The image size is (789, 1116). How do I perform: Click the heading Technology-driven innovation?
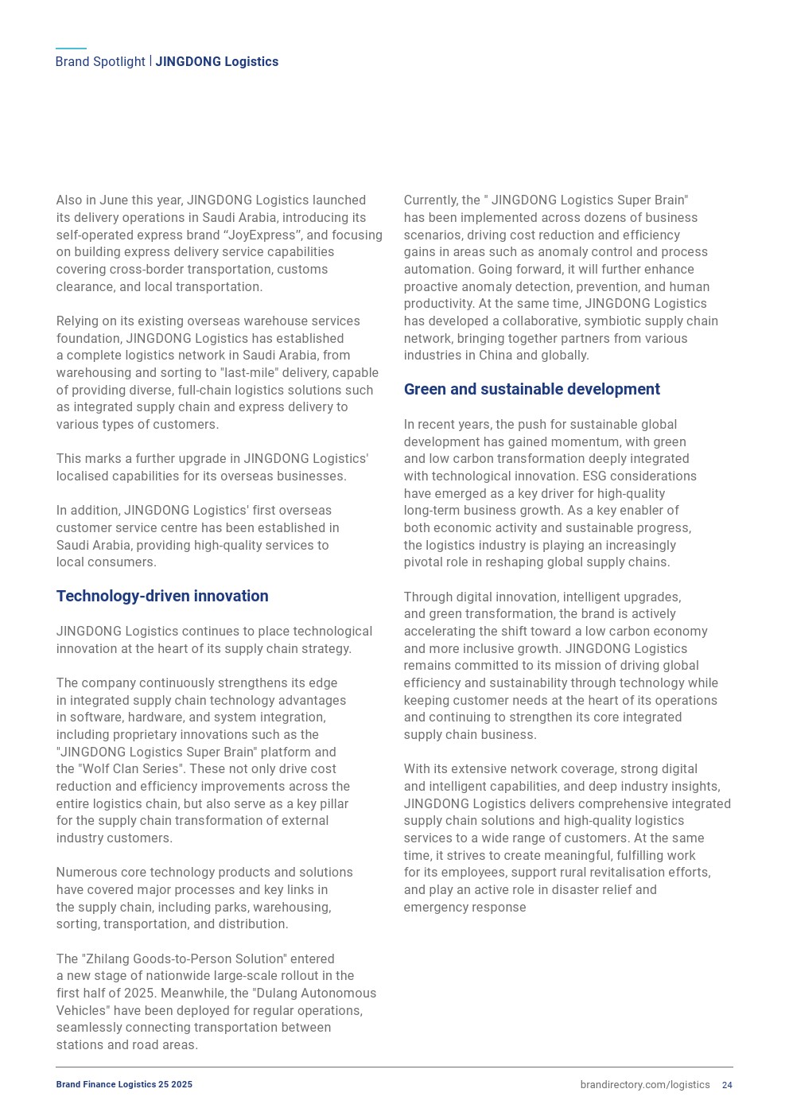[x=162, y=596]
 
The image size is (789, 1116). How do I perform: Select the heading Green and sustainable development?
[x=531, y=389]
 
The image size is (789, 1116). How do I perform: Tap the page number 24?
[x=727, y=1085]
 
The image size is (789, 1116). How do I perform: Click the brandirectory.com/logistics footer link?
[x=644, y=1085]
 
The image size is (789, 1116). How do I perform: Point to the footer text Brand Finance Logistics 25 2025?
[x=124, y=1085]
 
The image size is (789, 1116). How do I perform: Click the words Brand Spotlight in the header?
[x=100, y=62]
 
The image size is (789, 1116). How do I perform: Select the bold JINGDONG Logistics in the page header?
[x=216, y=62]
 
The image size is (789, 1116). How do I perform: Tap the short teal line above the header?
[x=71, y=49]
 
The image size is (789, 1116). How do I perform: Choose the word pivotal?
[x=426, y=562]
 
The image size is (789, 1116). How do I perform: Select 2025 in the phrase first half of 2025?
[x=139, y=994]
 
